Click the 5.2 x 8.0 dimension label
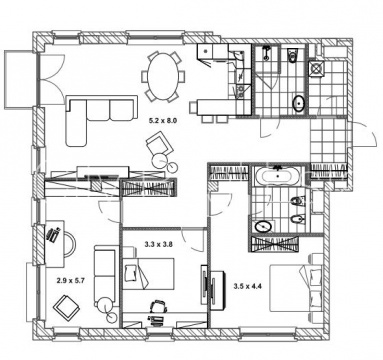pos(162,121)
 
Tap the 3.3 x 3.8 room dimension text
pos(158,244)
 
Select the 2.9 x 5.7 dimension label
pos(70,281)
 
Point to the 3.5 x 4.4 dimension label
pos(247,286)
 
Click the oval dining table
pos(162,76)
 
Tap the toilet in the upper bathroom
pos(293,55)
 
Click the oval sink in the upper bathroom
pos(299,103)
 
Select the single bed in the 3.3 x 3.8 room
pos(148,273)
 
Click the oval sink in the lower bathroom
pos(263,227)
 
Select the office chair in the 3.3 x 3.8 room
pos(158,306)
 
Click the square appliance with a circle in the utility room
pos(316,68)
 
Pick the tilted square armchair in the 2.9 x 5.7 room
pos(67,307)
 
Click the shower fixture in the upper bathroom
pos(266,53)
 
